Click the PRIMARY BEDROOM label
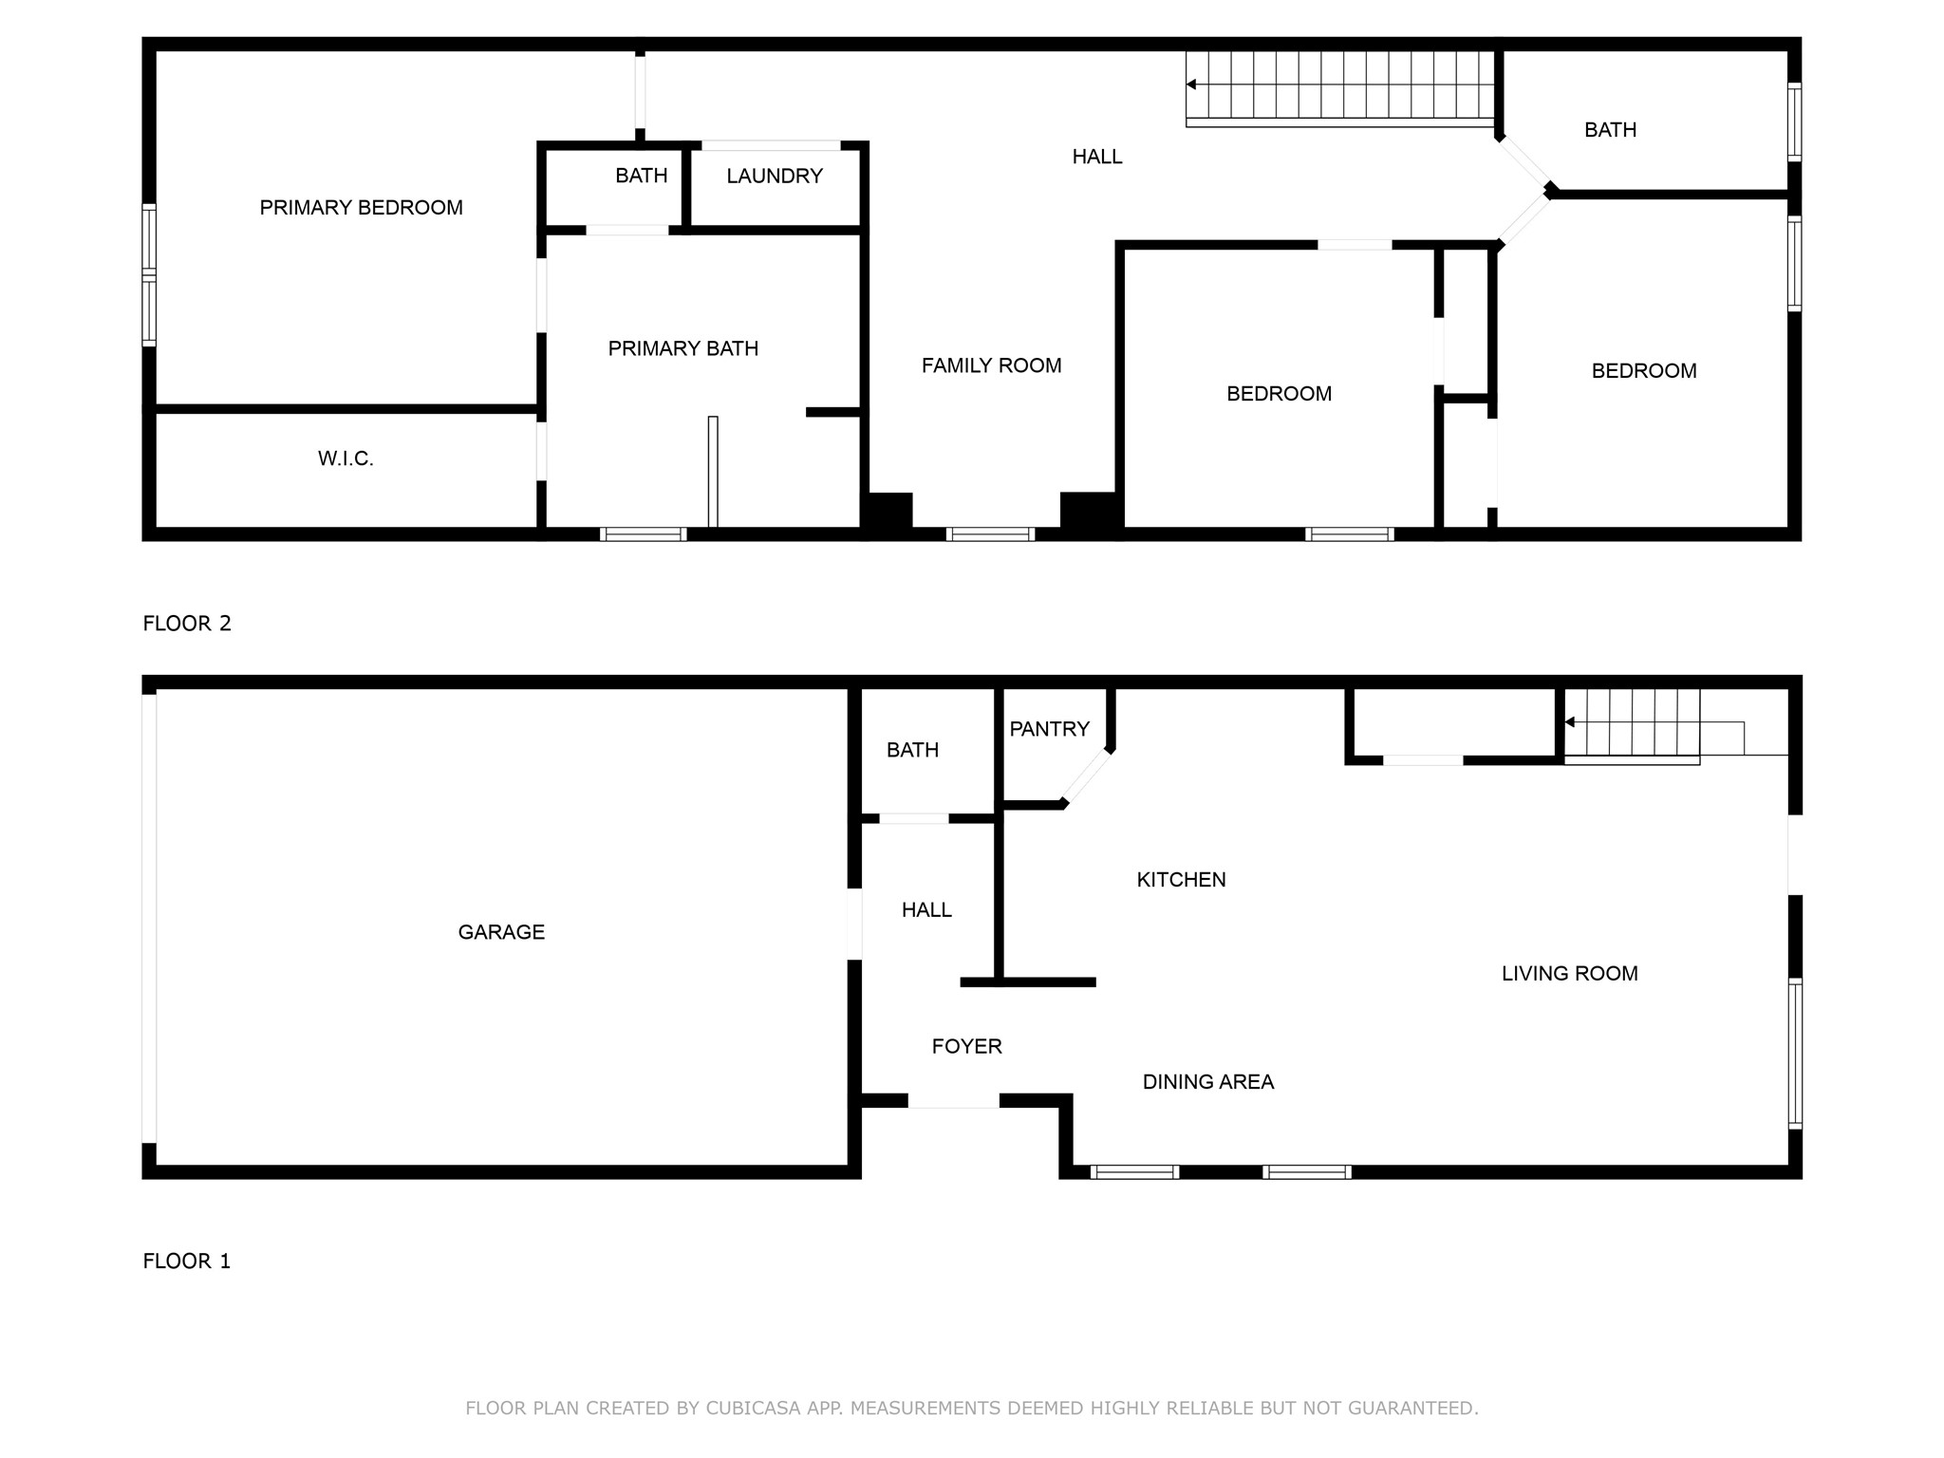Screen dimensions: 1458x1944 pos(361,208)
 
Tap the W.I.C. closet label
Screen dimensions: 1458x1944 pos(346,459)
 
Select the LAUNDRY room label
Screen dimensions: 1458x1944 pos(774,177)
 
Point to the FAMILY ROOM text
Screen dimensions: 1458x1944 pos(991,366)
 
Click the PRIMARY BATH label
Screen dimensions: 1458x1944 pos(682,349)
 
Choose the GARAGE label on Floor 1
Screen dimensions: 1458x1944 pos(501,933)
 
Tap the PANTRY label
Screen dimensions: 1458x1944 pos(1049,730)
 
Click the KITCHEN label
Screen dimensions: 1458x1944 pos(1181,880)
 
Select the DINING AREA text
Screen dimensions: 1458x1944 pos(1207,1082)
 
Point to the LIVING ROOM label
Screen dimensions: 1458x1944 pos(1569,974)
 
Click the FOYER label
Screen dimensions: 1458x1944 pos(966,1047)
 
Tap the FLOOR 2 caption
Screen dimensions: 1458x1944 pos(187,624)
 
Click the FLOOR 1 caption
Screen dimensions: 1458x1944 pos(187,1262)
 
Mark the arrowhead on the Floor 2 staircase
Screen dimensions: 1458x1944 pos(1191,85)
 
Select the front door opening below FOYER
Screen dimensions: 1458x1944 pos(953,1101)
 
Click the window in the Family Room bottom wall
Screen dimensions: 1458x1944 pos(990,534)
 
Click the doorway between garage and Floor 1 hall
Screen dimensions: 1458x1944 pos(854,924)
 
